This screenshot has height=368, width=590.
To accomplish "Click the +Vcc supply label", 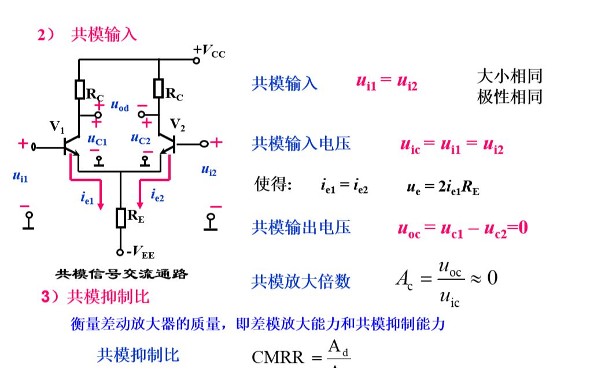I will (209, 52).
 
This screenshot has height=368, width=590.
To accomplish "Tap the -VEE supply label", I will (139, 252).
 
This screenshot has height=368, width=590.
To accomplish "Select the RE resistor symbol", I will (121, 217).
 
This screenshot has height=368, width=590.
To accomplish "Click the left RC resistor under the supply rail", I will (79, 90).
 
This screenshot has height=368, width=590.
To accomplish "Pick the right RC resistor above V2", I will (158, 89).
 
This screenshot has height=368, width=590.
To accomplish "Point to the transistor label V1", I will (58, 126).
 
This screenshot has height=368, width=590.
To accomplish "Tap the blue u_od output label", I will (119, 106).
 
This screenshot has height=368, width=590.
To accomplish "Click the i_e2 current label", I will (157, 196).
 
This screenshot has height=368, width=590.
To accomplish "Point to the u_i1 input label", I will (20, 176).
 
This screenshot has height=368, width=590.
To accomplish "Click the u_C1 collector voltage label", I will (97, 139).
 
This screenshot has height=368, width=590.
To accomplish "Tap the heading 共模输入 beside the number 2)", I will (104, 35).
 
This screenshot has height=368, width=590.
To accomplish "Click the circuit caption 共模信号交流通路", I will (121, 274).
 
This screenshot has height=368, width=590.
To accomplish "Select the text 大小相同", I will (510, 76).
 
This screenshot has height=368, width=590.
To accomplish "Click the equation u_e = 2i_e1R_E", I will (443, 187).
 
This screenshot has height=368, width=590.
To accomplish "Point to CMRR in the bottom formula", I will (278, 356).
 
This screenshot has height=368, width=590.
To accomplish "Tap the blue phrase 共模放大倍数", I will (301, 281).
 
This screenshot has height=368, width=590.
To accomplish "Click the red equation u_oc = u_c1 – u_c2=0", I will (462, 228).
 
